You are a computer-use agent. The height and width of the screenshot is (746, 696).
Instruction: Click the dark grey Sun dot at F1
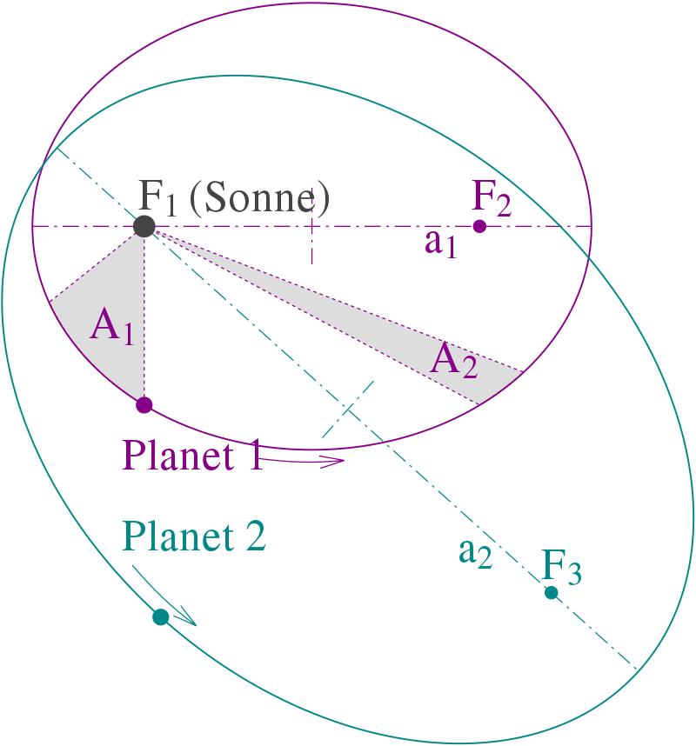coord(144,226)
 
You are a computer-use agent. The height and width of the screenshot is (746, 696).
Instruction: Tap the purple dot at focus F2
coord(479,226)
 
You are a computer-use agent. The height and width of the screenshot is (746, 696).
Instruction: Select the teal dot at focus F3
coord(552,592)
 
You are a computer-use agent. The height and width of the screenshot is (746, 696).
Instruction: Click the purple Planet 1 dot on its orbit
coord(144,405)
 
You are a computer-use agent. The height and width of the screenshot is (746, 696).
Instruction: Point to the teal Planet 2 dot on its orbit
coord(161,617)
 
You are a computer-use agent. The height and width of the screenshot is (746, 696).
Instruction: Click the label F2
coord(492,198)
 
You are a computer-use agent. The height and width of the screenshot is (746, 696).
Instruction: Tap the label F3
coord(561,567)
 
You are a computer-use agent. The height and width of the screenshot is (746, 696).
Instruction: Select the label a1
coord(440,243)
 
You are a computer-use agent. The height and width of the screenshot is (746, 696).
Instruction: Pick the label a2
coord(475,553)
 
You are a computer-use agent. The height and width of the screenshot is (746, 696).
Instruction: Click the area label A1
coord(112,326)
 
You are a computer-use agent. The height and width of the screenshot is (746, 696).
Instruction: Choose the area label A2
coord(453,360)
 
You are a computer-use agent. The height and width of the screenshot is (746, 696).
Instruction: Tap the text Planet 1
coord(193,456)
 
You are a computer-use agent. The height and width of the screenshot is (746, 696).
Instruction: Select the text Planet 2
coord(194,536)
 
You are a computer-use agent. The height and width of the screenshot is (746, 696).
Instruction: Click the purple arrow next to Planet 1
coord(302,461)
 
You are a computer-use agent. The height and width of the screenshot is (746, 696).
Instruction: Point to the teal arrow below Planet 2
coord(164,596)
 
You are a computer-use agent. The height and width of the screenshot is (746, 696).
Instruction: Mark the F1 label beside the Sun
coord(157,197)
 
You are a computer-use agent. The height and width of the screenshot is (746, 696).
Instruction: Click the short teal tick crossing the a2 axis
coord(348,409)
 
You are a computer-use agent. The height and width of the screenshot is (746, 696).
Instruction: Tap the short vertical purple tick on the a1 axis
coord(311,225)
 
